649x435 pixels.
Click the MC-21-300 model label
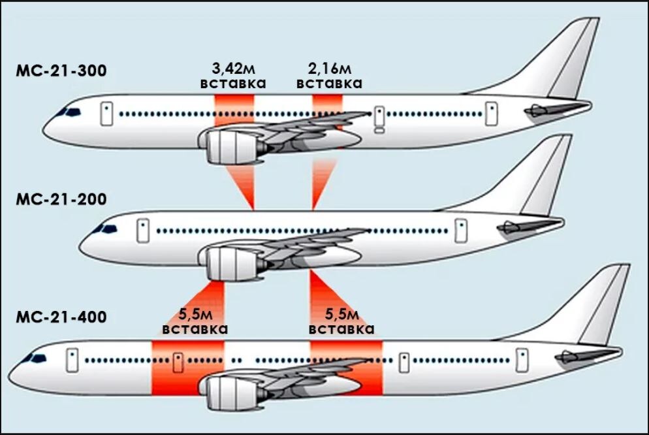pyautogui.click(x=61, y=71)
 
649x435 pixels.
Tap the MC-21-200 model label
pyautogui.click(x=61, y=199)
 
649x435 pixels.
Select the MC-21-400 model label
pyautogui.click(x=61, y=317)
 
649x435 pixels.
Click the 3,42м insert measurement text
pyautogui.click(x=233, y=69)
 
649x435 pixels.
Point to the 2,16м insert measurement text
pyautogui.click(x=330, y=69)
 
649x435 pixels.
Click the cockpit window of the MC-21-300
pyautogui.click(x=69, y=112)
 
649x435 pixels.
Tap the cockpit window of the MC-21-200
pyautogui.click(x=105, y=229)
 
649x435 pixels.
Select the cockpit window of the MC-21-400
pyautogui.click(x=34, y=359)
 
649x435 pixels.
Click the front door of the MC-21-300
pyautogui.click(x=107, y=114)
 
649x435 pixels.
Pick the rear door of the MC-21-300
pyautogui.click(x=491, y=114)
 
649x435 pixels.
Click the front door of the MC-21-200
pyautogui.click(x=143, y=231)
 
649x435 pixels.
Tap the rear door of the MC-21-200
pyautogui.click(x=461, y=231)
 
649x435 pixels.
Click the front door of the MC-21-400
pyautogui.click(x=72, y=360)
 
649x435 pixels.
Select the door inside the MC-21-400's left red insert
pyautogui.click(x=178, y=362)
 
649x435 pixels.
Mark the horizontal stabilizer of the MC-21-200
pyautogui.click(x=530, y=226)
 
